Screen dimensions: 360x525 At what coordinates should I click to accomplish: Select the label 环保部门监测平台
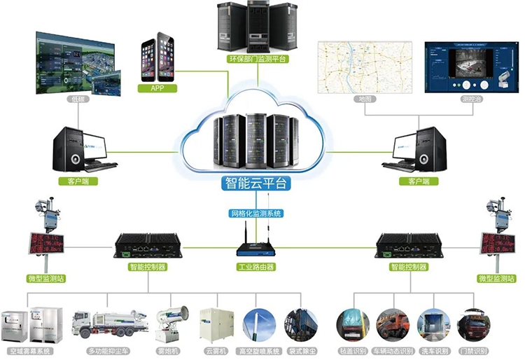click(258, 60)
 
